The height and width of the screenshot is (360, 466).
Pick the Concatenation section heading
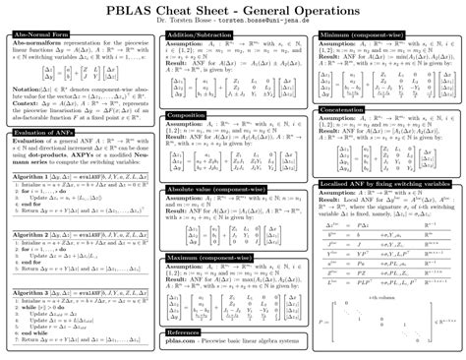(x=343, y=109)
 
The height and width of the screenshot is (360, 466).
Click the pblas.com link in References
(x=181, y=341)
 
